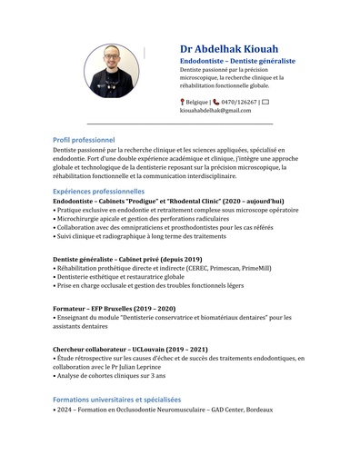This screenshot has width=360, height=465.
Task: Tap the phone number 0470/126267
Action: point(236,102)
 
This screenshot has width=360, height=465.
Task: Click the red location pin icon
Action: point(183,102)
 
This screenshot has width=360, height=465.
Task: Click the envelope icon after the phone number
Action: point(265,102)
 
